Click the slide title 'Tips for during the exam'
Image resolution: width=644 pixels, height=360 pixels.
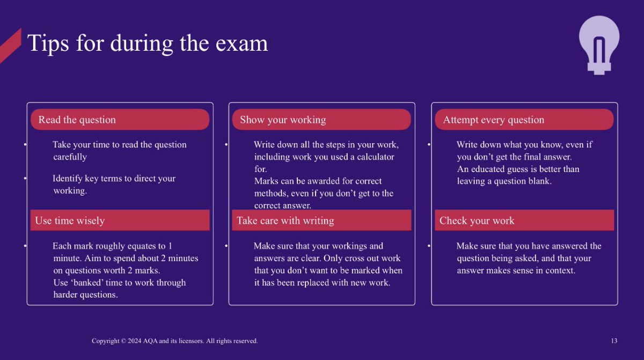coord(148,43)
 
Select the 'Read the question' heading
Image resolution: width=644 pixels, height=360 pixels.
coord(77,120)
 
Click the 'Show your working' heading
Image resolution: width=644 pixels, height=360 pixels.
coord(283,120)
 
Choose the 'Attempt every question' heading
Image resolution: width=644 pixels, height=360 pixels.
coord(494,120)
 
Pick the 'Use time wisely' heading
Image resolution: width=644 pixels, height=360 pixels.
coord(70,221)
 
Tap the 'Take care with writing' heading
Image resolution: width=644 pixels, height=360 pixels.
coord(286,221)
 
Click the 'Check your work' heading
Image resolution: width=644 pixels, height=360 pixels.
coord(477,221)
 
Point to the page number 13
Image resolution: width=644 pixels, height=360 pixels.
coord(614,341)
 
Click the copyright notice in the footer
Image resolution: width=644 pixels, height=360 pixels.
coord(175,341)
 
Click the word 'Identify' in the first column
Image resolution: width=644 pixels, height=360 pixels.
coord(68,179)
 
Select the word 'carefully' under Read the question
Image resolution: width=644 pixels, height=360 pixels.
coord(70,157)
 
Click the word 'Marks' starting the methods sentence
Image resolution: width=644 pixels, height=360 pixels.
coord(266,181)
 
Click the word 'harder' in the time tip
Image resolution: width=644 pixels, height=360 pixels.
coord(67,295)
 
